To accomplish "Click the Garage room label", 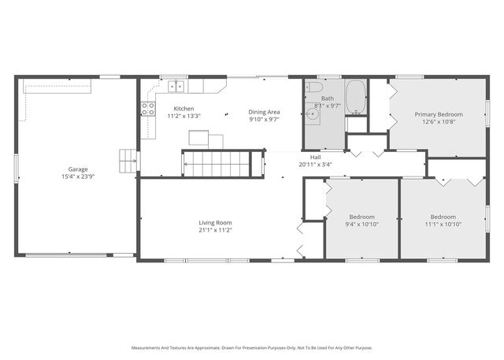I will (77, 169).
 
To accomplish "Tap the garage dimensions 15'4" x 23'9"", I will (77, 176).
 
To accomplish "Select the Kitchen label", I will (183, 109).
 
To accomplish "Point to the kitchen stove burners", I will (147, 109).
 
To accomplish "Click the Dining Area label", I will (265, 112).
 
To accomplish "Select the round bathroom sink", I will (313, 114).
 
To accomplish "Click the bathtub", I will (356, 95).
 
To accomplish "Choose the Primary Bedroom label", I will (439, 114).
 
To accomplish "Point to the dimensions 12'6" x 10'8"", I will (439, 121).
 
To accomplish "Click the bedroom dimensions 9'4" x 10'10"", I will (362, 224).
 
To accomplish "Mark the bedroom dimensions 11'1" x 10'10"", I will (443, 224).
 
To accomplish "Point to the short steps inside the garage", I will (128, 161).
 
